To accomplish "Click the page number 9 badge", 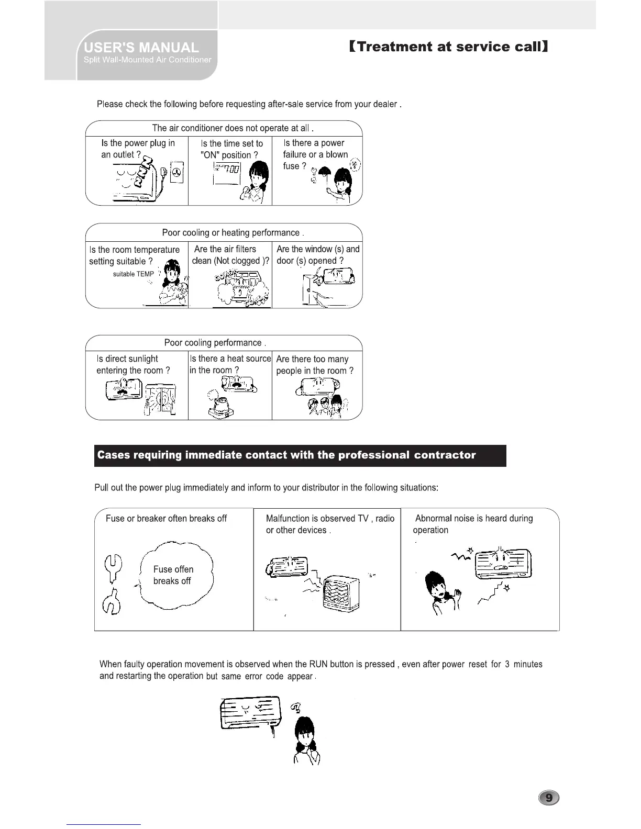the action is pyautogui.click(x=548, y=798).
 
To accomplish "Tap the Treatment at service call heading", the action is pyautogui.click(x=448, y=47).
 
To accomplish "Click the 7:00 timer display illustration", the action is pyautogui.click(x=227, y=169).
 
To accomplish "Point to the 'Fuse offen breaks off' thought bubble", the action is pyautogui.click(x=175, y=575).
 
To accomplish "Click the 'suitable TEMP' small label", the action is pyautogui.click(x=134, y=274).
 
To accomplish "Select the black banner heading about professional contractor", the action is pyautogui.click(x=300, y=455).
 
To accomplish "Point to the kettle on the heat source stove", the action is pyautogui.click(x=221, y=404).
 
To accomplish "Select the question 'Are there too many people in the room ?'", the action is pyautogui.click(x=315, y=365).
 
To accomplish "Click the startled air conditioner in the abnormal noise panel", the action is pyautogui.click(x=503, y=563).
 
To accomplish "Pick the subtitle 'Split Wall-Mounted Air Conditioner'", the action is pyautogui.click(x=148, y=60).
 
